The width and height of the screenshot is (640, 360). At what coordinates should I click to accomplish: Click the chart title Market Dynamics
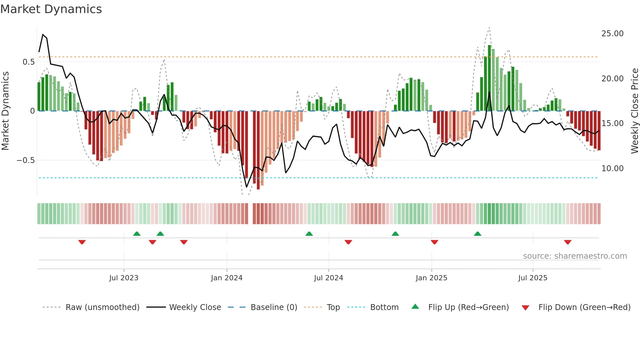click(51, 9)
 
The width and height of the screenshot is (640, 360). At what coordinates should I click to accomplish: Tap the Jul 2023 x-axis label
click(124, 278)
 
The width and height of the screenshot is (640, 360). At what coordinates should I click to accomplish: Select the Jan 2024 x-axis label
click(227, 278)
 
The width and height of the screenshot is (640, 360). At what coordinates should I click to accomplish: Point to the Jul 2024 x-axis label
click(328, 278)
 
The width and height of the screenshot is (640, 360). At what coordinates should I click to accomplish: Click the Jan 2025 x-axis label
click(431, 278)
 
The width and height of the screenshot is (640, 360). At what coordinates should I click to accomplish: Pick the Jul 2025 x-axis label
click(533, 278)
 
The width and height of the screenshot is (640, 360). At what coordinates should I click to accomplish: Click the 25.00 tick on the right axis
click(612, 34)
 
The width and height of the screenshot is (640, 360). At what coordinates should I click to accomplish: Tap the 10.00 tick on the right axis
click(612, 169)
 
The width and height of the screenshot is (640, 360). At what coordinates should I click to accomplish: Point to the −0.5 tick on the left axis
click(25, 160)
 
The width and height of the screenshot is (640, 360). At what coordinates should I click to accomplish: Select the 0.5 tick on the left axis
click(28, 62)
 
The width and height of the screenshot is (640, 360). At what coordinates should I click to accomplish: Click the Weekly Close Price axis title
click(634, 111)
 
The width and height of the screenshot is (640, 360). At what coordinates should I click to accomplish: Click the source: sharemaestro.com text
click(575, 256)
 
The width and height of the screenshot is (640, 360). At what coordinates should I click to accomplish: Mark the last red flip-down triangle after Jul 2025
click(568, 242)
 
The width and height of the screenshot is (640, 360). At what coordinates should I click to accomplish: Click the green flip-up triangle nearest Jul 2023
click(137, 234)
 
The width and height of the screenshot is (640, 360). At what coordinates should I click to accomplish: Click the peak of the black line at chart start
click(43, 34)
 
